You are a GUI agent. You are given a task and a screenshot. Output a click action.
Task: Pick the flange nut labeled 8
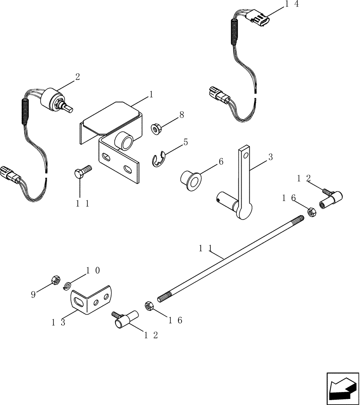156,129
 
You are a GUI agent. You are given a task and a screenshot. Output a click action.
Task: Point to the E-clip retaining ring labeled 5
159,159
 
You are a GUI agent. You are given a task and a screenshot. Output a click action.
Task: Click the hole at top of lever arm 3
244,153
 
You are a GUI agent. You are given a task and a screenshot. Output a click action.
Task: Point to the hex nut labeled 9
56,279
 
